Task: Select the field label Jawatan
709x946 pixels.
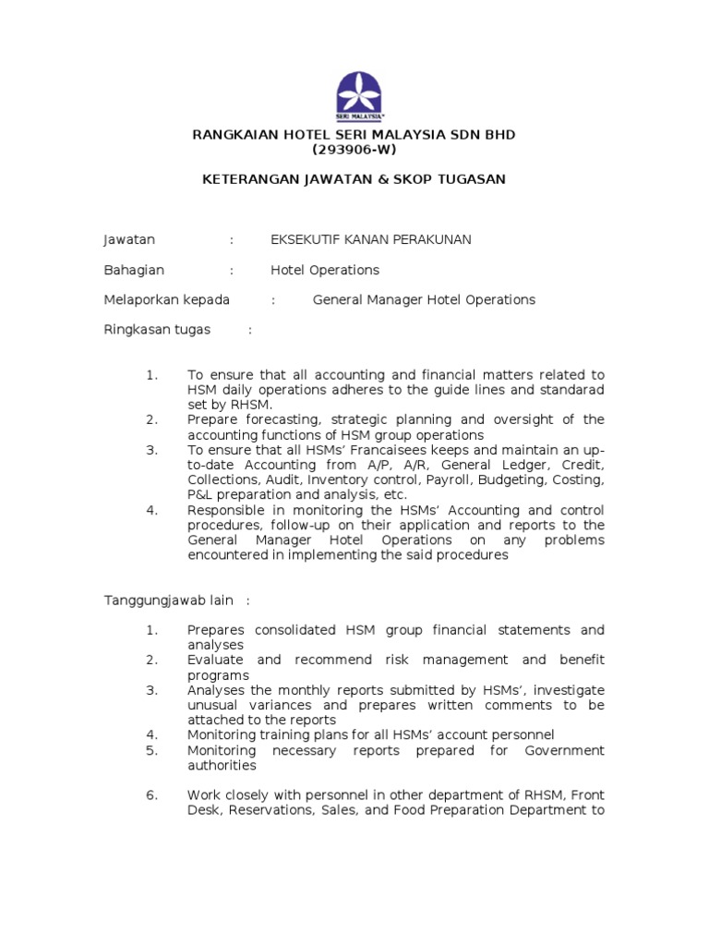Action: [x=128, y=239]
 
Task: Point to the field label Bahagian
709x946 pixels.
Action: [x=133, y=270]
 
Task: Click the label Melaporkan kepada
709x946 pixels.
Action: [x=166, y=299]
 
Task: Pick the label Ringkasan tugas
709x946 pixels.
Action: [x=156, y=329]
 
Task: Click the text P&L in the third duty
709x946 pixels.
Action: [x=200, y=494]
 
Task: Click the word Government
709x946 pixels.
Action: [x=564, y=750]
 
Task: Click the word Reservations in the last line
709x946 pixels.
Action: [x=274, y=810]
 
